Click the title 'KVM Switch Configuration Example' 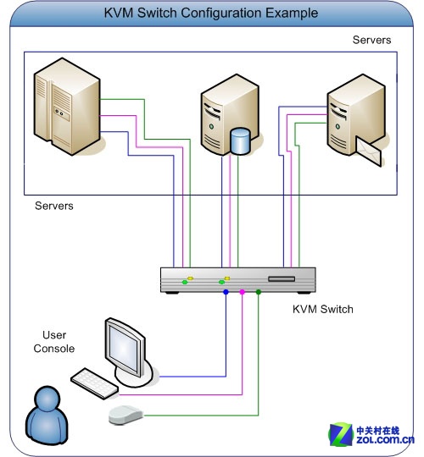tap(211, 13)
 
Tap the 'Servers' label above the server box tap(371, 40)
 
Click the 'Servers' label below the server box tap(54, 206)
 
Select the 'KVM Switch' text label tap(323, 309)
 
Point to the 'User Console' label tap(54, 342)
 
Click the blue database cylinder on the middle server tap(240, 141)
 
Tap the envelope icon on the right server tap(369, 151)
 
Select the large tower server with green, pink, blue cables tap(67, 107)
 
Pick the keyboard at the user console tap(95, 383)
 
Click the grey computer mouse tap(126, 415)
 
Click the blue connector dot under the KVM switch tap(226, 292)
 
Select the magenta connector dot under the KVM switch tap(242, 292)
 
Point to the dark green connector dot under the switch tap(259, 292)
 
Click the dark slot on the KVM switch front tap(282, 279)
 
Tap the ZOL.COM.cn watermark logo tap(371, 434)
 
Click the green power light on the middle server tap(211, 126)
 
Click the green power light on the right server tap(338, 126)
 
